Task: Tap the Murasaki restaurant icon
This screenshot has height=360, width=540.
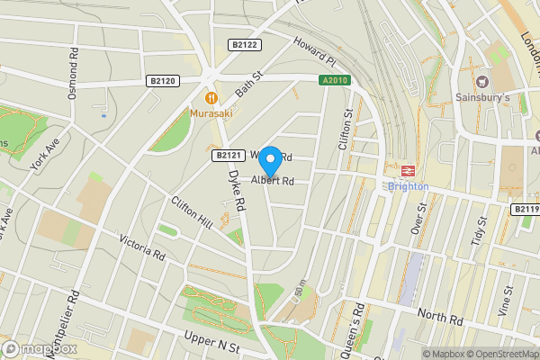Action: tap(211, 97)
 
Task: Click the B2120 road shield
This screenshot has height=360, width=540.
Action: tap(163, 81)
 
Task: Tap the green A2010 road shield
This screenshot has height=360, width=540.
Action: tap(335, 81)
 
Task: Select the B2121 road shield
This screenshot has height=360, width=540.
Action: tap(228, 156)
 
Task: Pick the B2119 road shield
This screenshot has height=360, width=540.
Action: tap(526, 209)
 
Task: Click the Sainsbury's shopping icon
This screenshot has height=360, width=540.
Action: tap(493, 81)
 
